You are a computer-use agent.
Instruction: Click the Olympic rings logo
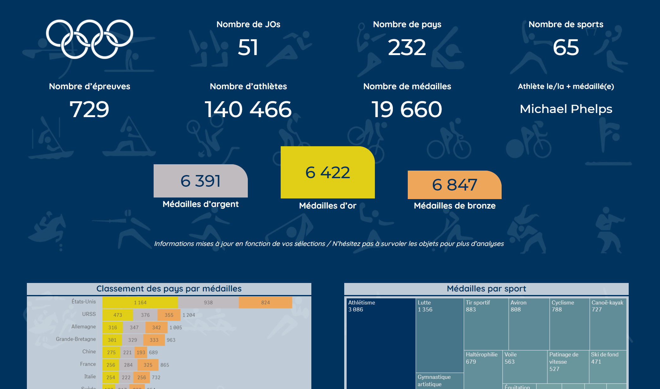click(x=89, y=39)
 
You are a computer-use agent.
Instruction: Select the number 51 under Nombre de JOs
click(x=248, y=47)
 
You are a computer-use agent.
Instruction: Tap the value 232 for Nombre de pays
click(x=407, y=47)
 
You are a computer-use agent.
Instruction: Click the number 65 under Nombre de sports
click(x=566, y=47)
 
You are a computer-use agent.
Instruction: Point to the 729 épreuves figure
click(x=89, y=110)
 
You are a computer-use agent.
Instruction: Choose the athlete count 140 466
click(x=248, y=110)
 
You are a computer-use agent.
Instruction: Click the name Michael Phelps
click(x=566, y=109)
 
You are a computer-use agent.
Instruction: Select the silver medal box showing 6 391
click(x=200, y=181)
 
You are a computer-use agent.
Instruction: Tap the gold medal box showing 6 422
click(x=327, y=173)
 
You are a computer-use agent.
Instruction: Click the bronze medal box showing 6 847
click(x=455, y=185)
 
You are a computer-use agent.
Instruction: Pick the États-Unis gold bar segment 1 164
click(x=140, y=303)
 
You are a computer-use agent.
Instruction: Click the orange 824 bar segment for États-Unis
click(x=265, y=303)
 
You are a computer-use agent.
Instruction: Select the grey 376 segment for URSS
click(x=145, y=315)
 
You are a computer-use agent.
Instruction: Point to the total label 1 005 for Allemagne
click(x=176, y=328)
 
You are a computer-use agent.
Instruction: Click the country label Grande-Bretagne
click(x=76, y=339)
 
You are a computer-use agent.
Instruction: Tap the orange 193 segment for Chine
click(x=141, y=352)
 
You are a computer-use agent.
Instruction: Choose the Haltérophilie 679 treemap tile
click(x=483, y=369)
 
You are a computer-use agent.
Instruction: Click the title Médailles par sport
click(x=486, y=289)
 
